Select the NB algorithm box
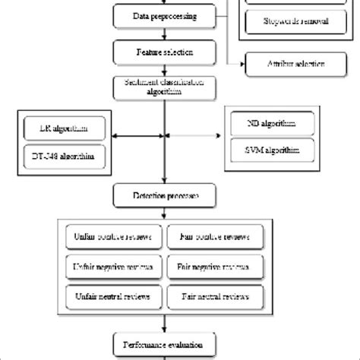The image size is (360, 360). [270, 122]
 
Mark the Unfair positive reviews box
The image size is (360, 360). [112, 236]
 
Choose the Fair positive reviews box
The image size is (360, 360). [216, 236]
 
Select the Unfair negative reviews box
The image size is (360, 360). [112, 265]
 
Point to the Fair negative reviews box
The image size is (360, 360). [216, 265]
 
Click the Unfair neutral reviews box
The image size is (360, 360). [112, 293]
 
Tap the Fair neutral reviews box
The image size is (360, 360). [216, 293]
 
